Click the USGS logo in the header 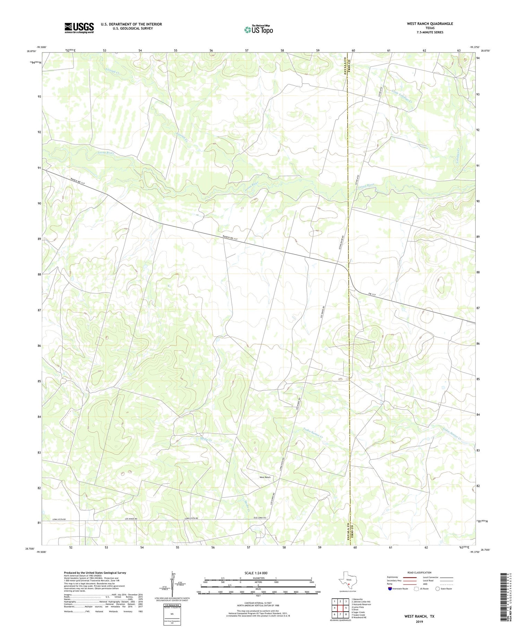click(x=79, y=28)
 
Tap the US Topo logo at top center click(x=258, y=30)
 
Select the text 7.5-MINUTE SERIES click(x=430, y=32)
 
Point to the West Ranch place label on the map click(x=265, y=477)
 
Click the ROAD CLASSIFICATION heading click(x=419, y=573)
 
